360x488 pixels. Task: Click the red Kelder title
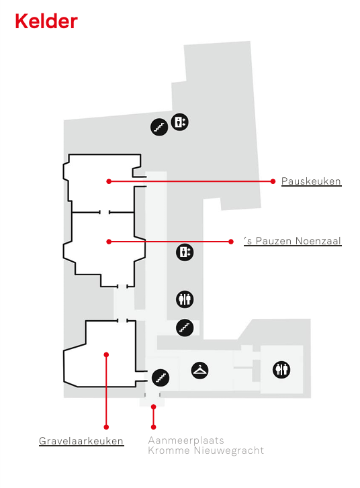click(46, 21)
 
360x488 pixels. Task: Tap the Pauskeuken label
click(311, 181)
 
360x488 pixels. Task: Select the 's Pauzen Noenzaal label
click(292, 241)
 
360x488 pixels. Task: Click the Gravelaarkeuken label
click(81, 441)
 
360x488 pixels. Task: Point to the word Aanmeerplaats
click(186, 440)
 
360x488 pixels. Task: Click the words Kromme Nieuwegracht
click(206, 450)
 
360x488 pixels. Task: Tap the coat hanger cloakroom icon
click(199, 371)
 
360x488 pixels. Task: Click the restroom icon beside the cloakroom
click(281, 370)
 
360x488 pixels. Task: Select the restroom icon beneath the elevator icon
click(185, 299)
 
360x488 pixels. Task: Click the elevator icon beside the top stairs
click(180, 121)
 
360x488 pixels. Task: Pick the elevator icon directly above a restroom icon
click(185, 252)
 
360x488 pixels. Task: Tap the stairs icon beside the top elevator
click(159, 127)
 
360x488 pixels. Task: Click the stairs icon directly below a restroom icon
click(185, 328)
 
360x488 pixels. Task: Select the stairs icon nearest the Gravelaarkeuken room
click(161, 378)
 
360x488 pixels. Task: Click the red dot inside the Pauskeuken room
click(109, 181)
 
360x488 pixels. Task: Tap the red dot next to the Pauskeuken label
click(273, 181)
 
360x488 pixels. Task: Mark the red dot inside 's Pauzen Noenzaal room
click(109, 242)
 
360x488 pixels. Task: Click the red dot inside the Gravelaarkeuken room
click(106, 355)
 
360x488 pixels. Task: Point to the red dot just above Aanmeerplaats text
click(153, 427)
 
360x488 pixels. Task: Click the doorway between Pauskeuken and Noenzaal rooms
click(104, 212)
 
